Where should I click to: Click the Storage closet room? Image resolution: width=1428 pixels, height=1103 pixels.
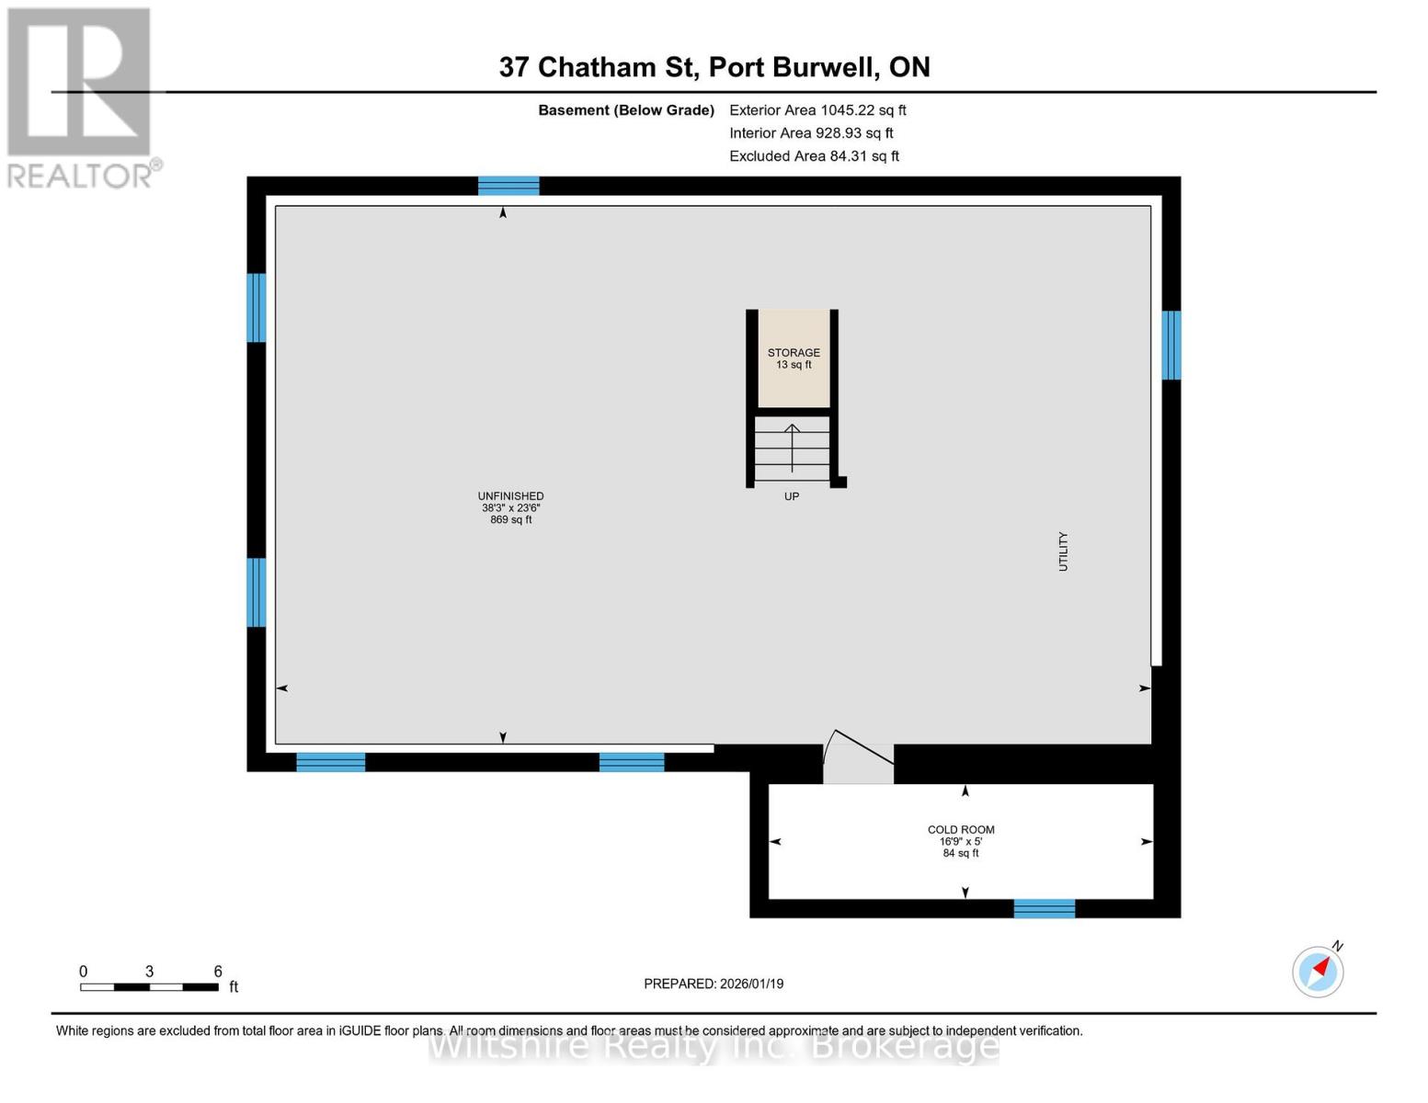tap(794, 358)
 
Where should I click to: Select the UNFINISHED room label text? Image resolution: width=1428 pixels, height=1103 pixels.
tap(510, 496)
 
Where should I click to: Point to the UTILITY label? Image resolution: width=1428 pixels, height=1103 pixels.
tap(1063, 551)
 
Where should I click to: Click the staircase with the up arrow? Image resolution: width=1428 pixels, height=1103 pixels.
tap(792, 449)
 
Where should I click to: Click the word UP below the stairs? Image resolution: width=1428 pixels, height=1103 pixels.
tap(792, 496)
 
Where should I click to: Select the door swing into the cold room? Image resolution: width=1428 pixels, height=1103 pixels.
tap(858, 759)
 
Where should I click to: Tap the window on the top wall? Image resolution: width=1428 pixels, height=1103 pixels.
tap(508, 186)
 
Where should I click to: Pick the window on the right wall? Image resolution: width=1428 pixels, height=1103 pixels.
tap(1171, 346)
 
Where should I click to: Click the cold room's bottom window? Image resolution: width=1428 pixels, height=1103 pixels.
tap(1045, 908)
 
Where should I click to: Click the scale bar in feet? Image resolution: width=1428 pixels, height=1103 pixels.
tap(149, 987)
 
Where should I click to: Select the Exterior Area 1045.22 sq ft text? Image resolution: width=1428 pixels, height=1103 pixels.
tap(817, 110)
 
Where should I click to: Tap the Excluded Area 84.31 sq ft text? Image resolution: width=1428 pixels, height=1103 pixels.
tap(814, 156)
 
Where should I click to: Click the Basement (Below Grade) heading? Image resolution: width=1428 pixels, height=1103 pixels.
tap(626, 110)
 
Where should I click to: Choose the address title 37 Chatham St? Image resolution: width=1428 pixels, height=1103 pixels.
tap(714, 67)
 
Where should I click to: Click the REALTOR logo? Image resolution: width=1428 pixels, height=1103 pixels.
tap(81, 97)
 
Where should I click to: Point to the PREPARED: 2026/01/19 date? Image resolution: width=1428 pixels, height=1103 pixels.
tap(714, 984)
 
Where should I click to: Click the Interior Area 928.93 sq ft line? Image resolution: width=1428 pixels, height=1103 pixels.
tap(811, 133)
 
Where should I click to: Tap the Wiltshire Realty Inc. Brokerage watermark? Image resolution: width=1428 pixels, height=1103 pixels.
tap(714, 1046)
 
